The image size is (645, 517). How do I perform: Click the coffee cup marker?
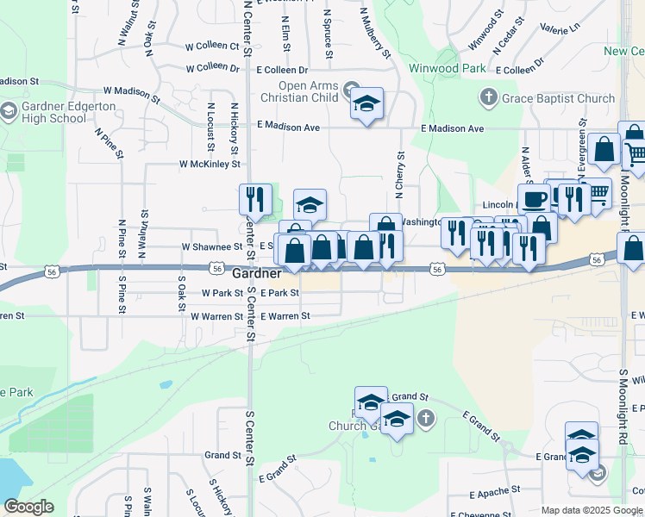(x=534, y=199)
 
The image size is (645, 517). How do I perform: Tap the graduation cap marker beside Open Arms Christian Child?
(x=367, y=104)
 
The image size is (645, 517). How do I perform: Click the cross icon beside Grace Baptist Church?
(x=489, y=97)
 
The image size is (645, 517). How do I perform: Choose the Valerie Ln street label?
(x=560, y=28)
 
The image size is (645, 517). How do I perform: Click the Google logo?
(x=28, y=507)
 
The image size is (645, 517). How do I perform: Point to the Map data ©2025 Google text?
(x=592, y=510)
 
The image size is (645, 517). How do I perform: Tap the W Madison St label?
(x=132, y=92)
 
